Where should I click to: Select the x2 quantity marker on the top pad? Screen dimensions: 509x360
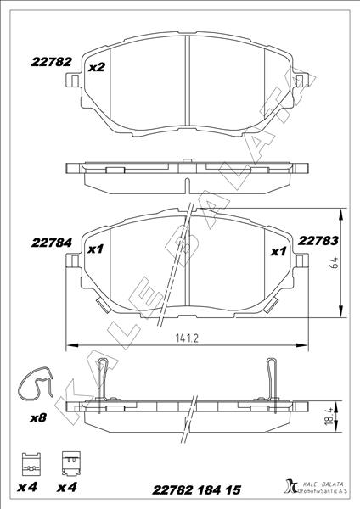coord(96,67)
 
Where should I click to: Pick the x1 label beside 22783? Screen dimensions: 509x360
coord(277,251)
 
